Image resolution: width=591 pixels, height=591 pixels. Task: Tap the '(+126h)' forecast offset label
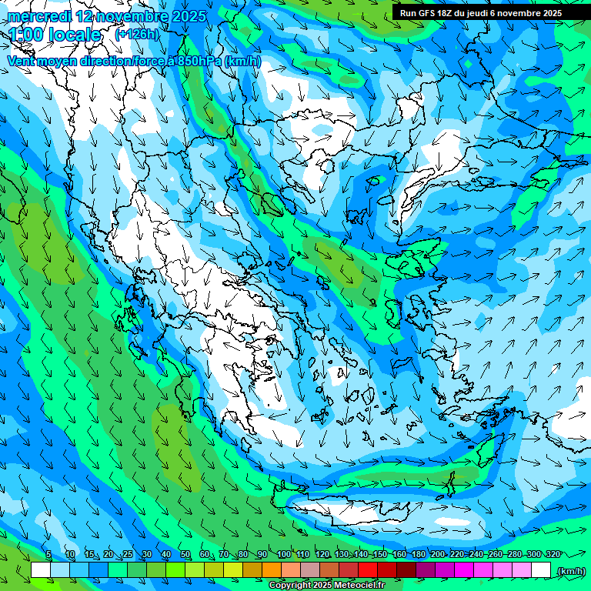[x=137, y=34]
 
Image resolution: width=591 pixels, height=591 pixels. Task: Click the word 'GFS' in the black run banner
[x=431, y=13]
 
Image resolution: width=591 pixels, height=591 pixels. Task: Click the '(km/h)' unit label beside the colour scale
[x=571, y=571]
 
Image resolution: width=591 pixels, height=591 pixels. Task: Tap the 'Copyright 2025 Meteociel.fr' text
[x=326, y=586]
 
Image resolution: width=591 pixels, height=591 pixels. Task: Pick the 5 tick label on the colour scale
[x=48, y=555]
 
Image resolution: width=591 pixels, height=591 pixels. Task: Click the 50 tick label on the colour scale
[x=185, y=555]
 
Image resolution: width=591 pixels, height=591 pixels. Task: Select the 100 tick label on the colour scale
[x=283, y=555]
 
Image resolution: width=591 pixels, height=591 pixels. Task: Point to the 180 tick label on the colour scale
[x=418, y=555]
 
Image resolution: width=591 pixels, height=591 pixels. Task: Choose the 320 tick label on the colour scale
[x=553, y=555]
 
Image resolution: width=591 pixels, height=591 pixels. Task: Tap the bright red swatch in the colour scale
[x=368, y=570]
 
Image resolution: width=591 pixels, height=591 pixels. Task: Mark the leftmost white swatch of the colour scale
[x=41, y=570]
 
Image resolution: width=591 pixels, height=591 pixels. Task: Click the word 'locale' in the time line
[x=74, y=35]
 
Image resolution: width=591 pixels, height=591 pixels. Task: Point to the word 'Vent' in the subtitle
[x=22, y=61]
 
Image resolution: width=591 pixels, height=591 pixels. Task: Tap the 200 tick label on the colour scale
[x=437, y=555]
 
